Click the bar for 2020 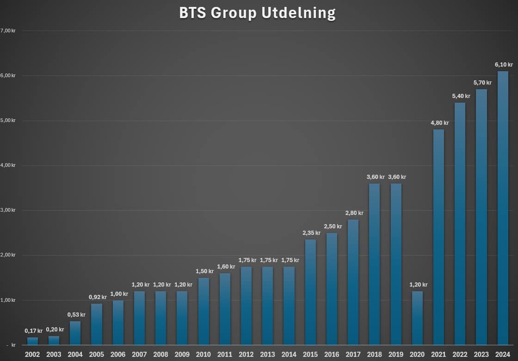pos(417,318)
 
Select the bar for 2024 pos(503,208)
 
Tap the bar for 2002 pos(32,341)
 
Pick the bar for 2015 pos(310,292)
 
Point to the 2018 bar pos(374,264)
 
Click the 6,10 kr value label pos(504,65)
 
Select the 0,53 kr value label pos(76,315)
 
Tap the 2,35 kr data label pos(312,233)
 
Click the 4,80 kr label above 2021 pos(440,123)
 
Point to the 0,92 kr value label pos(98,297)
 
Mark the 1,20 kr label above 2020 pos(418,285)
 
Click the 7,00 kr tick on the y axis pos(8,31)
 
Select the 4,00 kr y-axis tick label pos(8,165)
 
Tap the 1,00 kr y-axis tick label pos(8,300)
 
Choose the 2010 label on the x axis pos(203,355)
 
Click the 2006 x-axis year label pos(118,355)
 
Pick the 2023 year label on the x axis pos(481,355)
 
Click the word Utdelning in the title pos(298,13)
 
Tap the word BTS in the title pos(192,13)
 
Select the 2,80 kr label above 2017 pos(354,213)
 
